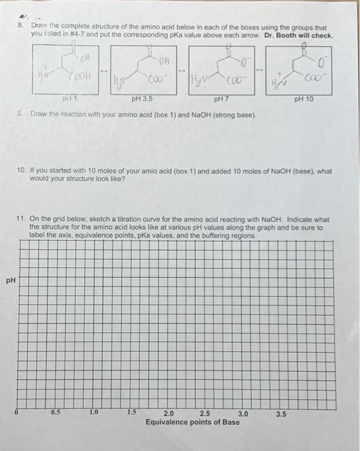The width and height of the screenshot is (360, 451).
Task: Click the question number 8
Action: point(20,27)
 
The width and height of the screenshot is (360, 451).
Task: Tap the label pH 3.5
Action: point(142,100)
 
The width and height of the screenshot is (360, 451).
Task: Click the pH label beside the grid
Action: point(9,281)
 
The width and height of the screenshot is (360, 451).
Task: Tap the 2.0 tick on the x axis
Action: point(169,413)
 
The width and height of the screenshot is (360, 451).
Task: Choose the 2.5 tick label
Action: point(205,413)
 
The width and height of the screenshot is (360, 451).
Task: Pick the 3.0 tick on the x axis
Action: point(243,413)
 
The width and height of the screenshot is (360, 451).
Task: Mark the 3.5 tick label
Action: point(281,413)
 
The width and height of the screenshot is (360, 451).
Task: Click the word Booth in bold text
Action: point(286,35)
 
